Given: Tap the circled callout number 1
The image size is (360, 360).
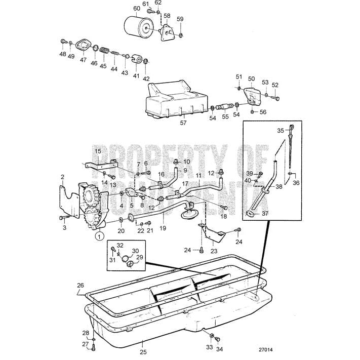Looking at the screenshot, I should (x=100, y=235).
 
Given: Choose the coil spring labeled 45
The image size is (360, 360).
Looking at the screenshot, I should (x=104, y=51).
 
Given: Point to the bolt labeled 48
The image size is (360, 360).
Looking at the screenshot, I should (x=63, y=42).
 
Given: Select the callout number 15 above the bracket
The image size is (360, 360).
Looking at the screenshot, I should (x=98, y=151).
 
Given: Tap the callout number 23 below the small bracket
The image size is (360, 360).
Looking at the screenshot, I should (x=214, y=251).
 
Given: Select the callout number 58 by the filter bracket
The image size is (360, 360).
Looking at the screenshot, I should (x=167, y=16).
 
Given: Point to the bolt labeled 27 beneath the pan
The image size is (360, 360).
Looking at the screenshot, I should (x=94, y=347).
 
